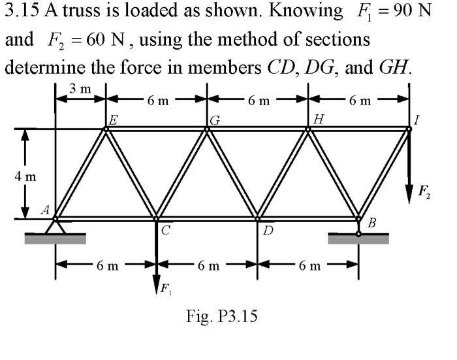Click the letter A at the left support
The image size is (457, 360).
[45, 210]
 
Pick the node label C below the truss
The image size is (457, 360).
[165, 229]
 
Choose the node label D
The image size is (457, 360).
[268, 230]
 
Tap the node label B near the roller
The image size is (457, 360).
[372, 224]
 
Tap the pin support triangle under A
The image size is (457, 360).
[55, 227]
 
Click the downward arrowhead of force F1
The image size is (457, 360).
[157, 282]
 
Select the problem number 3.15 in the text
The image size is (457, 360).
[23, 12]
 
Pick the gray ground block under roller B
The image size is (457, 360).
[358, 240]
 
